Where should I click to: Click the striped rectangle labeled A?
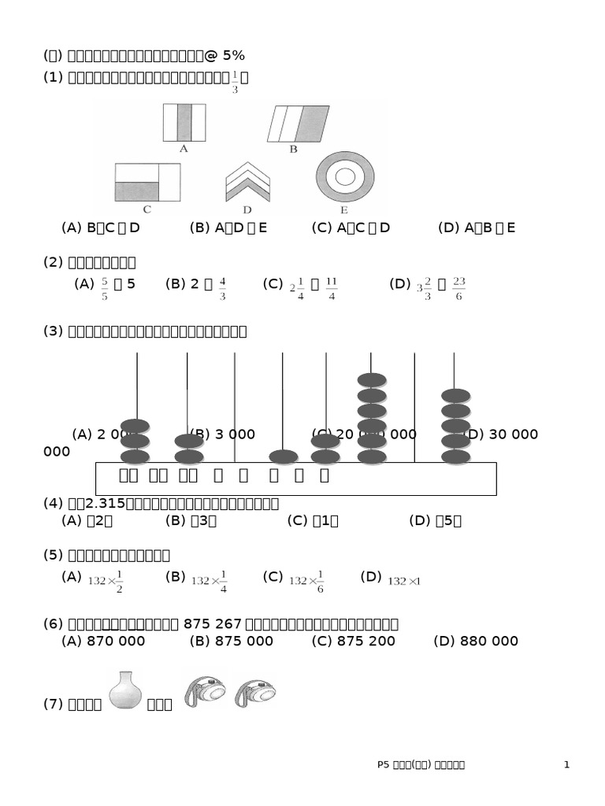(184, 122)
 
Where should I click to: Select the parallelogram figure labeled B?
(299, 124)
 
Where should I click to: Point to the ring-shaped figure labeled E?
(345, 177)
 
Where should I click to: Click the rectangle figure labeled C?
(147, 182)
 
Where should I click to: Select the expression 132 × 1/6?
(306, 581)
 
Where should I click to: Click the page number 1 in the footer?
(566, 765)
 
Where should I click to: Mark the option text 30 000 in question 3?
(513, 434)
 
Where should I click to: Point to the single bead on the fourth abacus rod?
(284, 457)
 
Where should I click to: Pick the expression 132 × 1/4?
(209, 581)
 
